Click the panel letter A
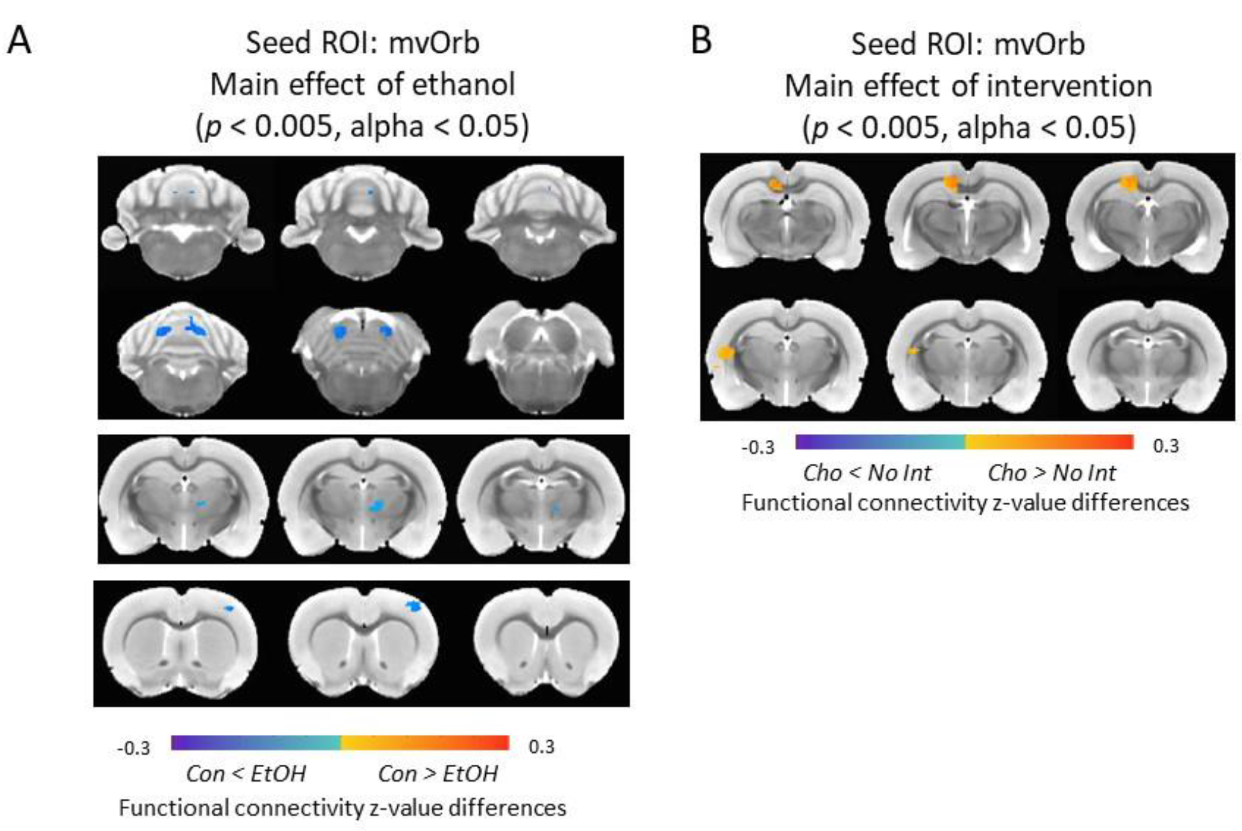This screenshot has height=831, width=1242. tap(19, 41)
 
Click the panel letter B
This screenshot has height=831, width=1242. tap(701, 41)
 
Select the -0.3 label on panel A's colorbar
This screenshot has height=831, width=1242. tap(134, 748)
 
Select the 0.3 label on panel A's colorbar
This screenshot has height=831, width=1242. tap(541, 747)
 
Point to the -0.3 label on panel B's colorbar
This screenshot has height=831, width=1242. tap(757, 447)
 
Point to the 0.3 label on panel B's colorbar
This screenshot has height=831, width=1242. tap(1165, 446)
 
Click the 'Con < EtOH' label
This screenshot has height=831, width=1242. tap(246, 774)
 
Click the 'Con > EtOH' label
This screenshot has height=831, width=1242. tap(438, 774)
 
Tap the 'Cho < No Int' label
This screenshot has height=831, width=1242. tap(867, 473)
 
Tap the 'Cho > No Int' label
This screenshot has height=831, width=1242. tap(1051, 473)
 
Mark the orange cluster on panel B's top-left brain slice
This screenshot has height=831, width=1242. tap(776, 185)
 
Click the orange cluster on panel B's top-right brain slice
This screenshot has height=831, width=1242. tap(1128, 183)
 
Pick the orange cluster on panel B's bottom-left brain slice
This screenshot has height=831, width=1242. tap(726, 352)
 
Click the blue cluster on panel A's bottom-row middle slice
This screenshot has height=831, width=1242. tap(414, 605)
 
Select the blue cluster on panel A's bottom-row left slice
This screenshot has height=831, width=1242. tap(229, 608)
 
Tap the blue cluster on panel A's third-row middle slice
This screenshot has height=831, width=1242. tap(376, 506)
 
